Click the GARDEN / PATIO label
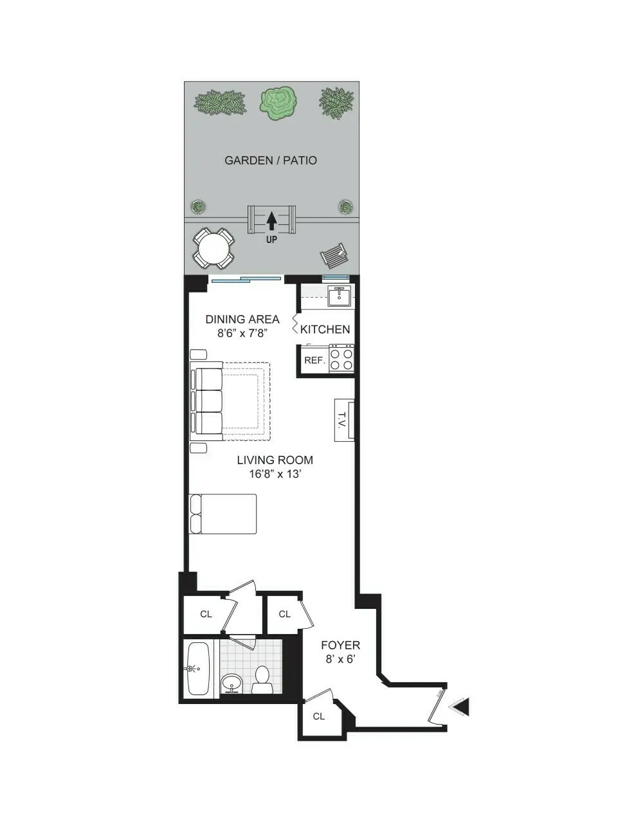[x=270, y=160]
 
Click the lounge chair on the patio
[x=334, y=257]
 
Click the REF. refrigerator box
[x=314, y=360]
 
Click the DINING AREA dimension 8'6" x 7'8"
[x=242, y=333]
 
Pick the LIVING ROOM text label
[x=275, y=460]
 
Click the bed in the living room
[x=223, y=514]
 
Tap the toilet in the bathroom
[x=262, y=680]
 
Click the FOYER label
[x=340, y=645]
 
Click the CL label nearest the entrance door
[x=319, y=716]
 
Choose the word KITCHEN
[x=325, y=329]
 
